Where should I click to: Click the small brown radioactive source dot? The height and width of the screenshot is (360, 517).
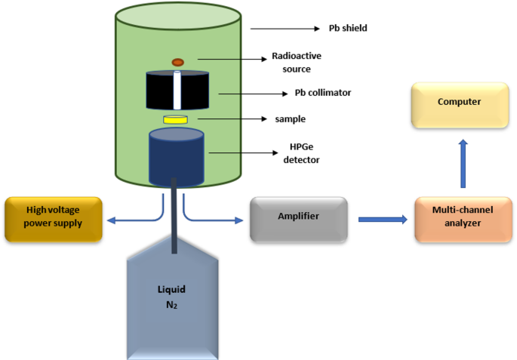pos(178,62)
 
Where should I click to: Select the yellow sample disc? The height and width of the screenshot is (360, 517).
pos(176,120)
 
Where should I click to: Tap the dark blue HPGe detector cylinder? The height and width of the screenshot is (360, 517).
pos(176,157)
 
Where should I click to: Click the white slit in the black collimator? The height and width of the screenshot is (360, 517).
pos(177,91)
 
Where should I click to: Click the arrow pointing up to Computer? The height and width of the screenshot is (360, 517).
pos(463,162)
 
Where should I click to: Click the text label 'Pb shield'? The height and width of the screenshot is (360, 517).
pos(346,29)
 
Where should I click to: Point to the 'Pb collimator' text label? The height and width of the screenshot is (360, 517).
pos(322,94)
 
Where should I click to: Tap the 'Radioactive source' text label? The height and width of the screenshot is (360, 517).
pos(291,63)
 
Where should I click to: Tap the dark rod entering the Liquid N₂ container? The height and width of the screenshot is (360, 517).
pos(175,219)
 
